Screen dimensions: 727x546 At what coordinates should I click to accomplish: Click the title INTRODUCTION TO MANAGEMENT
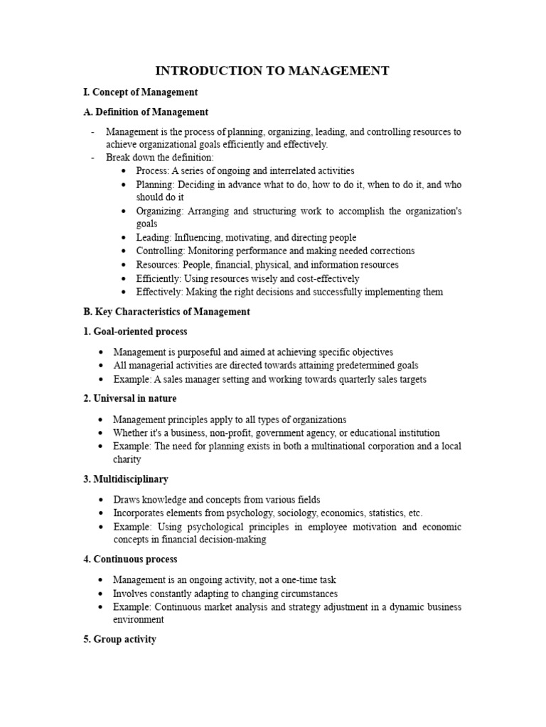(272, 70)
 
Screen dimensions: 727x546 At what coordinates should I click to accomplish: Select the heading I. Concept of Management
(141, 92)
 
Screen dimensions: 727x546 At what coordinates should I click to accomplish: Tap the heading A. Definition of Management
(146, 112)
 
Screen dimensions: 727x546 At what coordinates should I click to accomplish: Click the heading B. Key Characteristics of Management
(167, 312)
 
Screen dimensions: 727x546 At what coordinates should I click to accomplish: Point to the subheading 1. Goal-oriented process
(136, 332)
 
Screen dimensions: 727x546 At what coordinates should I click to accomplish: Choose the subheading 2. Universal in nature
(130, 398)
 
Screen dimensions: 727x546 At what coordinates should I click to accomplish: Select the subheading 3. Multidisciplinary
(126, 479)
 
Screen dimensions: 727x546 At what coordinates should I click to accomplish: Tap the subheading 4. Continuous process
(131, 559)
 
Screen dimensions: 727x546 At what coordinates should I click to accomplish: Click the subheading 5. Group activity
(120, 640)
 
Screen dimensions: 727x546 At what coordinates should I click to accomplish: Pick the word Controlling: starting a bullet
(160, 251)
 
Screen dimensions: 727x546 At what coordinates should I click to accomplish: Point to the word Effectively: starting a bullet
(160, 292)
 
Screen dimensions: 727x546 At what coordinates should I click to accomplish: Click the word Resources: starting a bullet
(158, 265)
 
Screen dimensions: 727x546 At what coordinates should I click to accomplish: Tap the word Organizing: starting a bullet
(161, 212)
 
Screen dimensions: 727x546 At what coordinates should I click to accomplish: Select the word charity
(127, 459)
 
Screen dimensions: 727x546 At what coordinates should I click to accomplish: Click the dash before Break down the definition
(93, 158)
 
